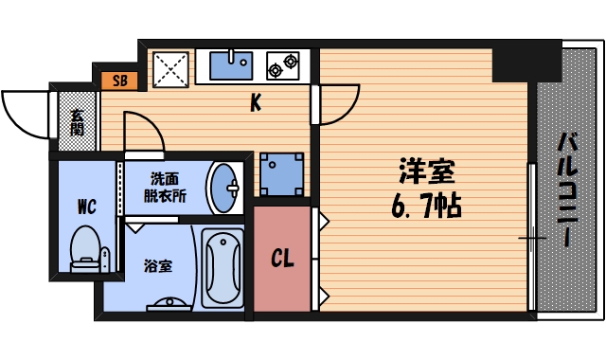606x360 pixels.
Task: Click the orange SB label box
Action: pyautogui.click(x=119, y=81)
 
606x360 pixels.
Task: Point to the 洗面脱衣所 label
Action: pyautogui.click(x=165, y=187)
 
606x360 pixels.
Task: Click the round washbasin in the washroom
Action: pyautogui.click(x=224, y=188)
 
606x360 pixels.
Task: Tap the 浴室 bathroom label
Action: pyautogui.click(x=157, y=265)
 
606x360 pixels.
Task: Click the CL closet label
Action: pyautogui.click(x=281, y=258)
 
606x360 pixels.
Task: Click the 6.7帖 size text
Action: pyautogui.click(x=426, y=206)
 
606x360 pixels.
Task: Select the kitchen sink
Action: pyautogui.click(x=229, y=66)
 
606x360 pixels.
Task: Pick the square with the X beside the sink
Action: pyautogui.click(x=172, y=68)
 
